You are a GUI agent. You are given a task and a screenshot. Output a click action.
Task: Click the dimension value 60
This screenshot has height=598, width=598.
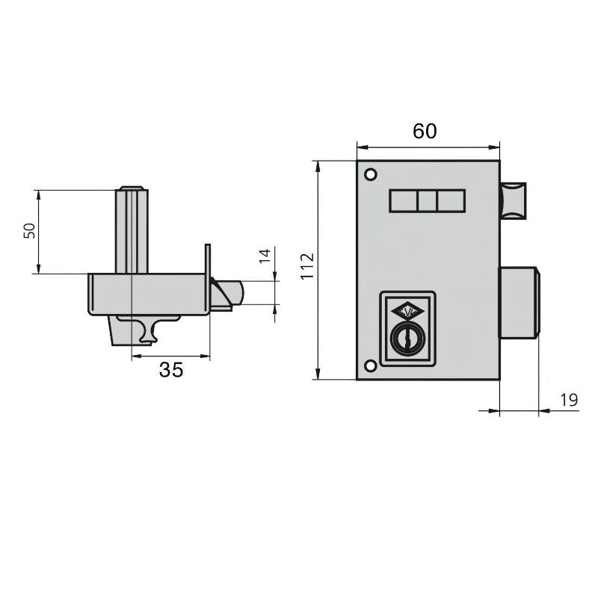click(x=425, y=131)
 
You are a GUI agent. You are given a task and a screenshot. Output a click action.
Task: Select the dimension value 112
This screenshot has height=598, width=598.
click(x=306, y=267)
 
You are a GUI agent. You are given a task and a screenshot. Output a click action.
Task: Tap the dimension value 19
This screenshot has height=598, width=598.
click(x=568, y=401)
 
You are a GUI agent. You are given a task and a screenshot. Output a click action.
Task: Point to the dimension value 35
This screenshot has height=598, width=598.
click(x=170, y=369)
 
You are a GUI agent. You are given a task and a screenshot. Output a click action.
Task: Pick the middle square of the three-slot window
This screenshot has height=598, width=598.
click(x=428, y=201)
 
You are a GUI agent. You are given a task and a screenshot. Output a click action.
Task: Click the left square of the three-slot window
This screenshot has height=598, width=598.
click(x=404, y=201)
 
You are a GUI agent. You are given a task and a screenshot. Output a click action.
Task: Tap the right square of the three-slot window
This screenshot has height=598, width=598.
click(x=451, y=201)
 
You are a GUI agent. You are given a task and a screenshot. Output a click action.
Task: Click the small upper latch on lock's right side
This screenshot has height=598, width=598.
click(x=514, y=200)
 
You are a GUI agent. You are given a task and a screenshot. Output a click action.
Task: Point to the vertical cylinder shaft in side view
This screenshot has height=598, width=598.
click(x=132, y=232)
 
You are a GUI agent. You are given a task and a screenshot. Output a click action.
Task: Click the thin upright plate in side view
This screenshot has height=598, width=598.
click(x=207, y=277)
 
